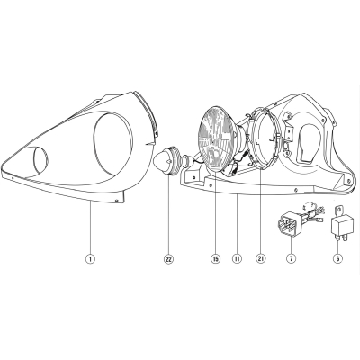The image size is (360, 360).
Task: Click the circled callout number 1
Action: (90, 258)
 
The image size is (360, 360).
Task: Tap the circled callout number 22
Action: (168, 258)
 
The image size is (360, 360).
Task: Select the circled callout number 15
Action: (215, 258)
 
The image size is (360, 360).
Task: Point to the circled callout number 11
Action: (237, 258)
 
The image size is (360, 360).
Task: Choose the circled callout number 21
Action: (261, 258)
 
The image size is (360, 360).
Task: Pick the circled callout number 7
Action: (291, 258)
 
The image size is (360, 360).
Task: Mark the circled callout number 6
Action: (337, 258)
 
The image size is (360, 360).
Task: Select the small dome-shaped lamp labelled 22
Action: (166, 161)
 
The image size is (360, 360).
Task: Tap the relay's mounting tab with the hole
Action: (338, 211)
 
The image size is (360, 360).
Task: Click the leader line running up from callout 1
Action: (90, 228)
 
